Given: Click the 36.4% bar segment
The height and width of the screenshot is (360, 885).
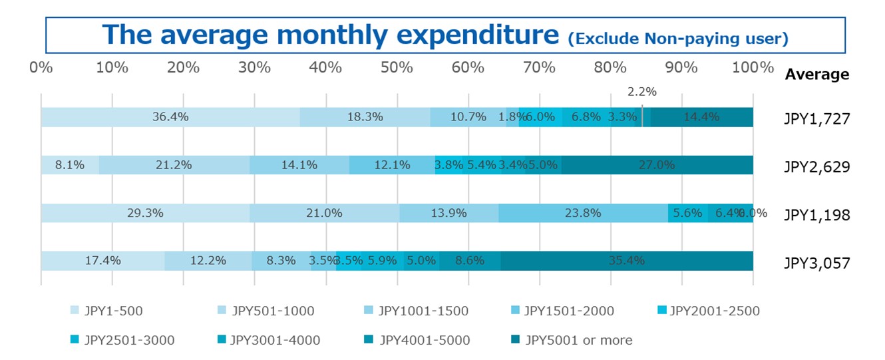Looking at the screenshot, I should click(170, 117).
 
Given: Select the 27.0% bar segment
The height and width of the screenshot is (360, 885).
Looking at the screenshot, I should click(657, 165).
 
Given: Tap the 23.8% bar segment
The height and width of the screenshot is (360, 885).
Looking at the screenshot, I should click(583, 213).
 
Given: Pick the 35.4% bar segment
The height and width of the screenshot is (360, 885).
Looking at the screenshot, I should click(626, 261).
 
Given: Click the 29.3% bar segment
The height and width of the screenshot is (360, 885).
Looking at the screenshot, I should click(145, 213).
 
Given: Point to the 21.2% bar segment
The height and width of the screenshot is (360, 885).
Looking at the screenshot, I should click(174, 165).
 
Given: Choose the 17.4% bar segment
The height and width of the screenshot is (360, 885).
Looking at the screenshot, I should click(102, 261).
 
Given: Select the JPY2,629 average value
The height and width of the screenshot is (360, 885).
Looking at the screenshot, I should click(816, 166).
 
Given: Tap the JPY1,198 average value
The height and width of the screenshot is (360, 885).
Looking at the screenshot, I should click(816, 214).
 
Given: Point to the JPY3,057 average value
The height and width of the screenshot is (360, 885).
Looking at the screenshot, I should click(816, 262).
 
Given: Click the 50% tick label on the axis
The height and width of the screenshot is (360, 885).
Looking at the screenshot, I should click(397, 68).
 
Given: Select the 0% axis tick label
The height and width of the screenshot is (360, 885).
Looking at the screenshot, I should click(41, 68).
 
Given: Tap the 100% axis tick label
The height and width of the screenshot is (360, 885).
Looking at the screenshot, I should click(753, 68).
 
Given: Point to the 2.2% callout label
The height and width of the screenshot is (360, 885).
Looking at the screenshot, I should click(642, 92).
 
